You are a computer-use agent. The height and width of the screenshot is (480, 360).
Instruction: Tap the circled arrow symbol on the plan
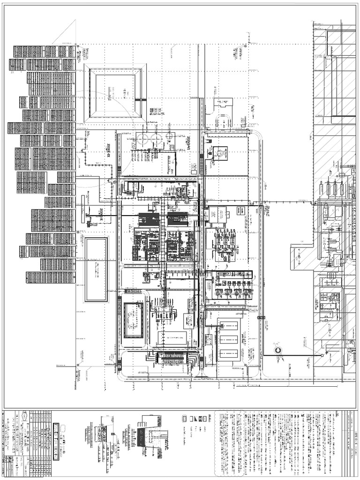tap(278, 350)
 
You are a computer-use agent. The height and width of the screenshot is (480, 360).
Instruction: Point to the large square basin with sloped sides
tap(115, 93)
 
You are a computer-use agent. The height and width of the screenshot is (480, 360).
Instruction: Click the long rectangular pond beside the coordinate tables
tap(96, 269)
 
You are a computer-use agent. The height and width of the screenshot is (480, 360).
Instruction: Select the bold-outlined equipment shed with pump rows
tap(232, 285)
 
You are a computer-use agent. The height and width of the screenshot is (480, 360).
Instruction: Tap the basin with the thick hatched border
tap(133, 320)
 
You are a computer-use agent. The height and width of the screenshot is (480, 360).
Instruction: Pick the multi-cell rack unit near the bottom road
tap(171, 359)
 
